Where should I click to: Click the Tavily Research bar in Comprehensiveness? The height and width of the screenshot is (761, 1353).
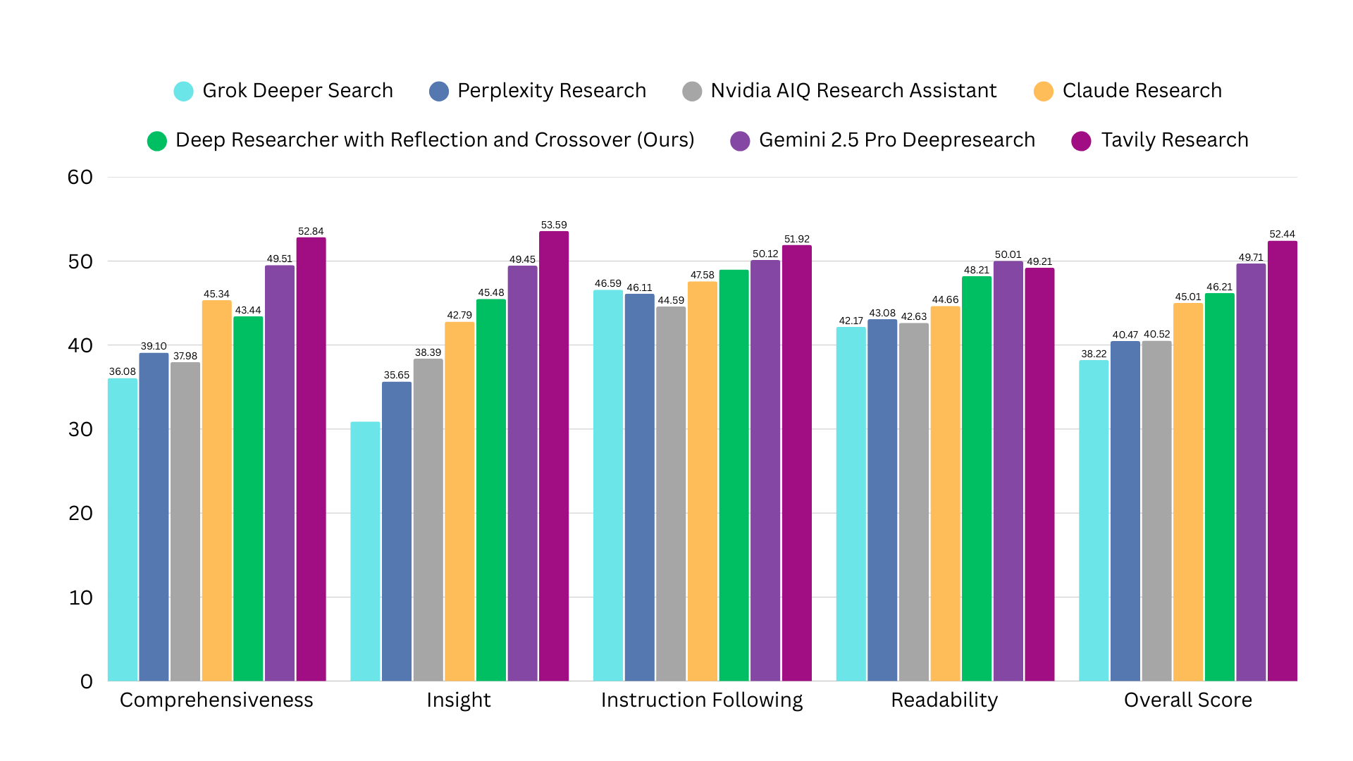pos(311,458)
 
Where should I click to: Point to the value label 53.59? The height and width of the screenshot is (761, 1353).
pos(553,225)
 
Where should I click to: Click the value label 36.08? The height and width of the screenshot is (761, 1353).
pos(122,371)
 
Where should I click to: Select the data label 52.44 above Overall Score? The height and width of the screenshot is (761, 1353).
pos(1282,234)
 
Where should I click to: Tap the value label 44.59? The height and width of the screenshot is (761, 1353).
pos(671,300)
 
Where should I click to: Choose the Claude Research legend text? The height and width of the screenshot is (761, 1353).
pos(1142,91)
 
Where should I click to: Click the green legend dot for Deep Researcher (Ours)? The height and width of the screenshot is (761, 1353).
pos(157,141)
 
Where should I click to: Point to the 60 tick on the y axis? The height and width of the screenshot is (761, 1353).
pos(80,178)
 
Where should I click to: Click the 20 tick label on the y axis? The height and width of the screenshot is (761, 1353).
pos(80,514)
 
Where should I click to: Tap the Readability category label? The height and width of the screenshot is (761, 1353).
pos(944,700)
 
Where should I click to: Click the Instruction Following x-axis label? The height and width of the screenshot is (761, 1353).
pos(701,700)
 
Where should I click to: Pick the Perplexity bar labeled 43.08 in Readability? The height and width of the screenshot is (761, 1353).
pos(882,500)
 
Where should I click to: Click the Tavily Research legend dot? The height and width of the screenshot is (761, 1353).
pos(1081,141)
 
